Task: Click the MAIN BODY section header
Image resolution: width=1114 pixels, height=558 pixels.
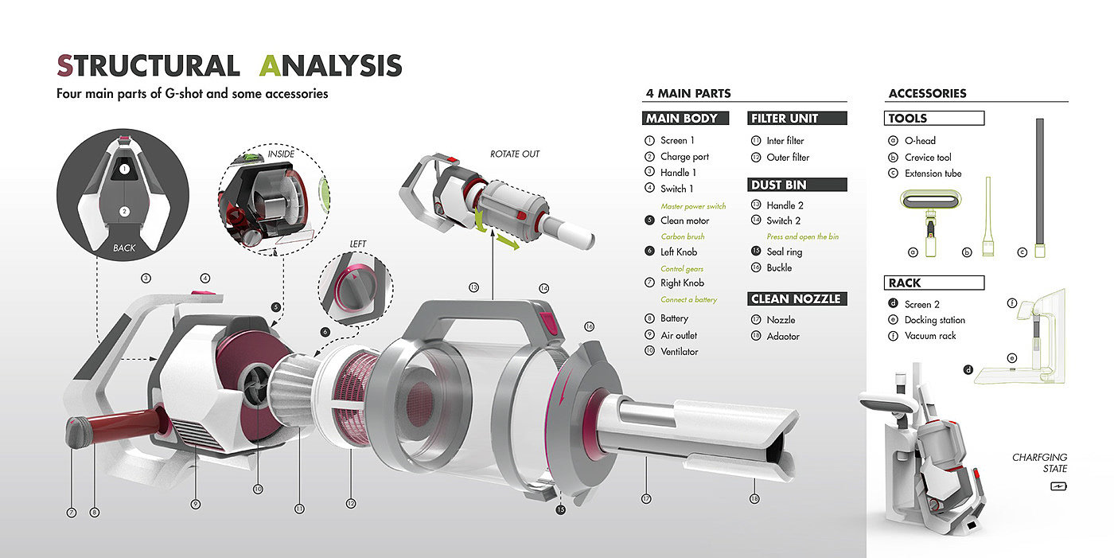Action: pyautogui.click(x=685, y=119)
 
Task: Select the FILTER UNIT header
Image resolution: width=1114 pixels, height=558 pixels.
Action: pyautogui.click(x=797, y=119)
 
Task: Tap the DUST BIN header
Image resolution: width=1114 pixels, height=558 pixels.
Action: pyautogui.click(x=797, y=185)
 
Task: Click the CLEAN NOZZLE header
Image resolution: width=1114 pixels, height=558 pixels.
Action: pyautogui.click(x=797, y=299)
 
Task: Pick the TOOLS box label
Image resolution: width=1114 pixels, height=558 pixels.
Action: pyautogui.click(x=934, y=119)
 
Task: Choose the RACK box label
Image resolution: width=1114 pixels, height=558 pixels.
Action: pyautogui.click(x=934, y=283)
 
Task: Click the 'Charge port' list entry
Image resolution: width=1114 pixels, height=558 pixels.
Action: pyautogui.click(x=684, y=157)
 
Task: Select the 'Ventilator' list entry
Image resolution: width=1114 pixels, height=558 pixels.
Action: pyautogui.click(x=679, y=352)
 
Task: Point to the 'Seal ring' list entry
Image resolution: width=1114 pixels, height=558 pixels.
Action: pyautogui.click(x=785, y=252)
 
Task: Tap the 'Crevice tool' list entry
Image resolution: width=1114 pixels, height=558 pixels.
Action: pyautogui.click(x=928, y=158)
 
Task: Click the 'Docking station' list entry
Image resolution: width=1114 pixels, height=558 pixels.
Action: pyautogui.click(x=934, y=320)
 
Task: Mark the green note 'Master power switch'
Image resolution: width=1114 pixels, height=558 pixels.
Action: pyautogui.click(x=693, y=206)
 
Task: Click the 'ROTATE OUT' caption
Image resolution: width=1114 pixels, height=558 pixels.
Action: pyautogui.click(x=515, y=154)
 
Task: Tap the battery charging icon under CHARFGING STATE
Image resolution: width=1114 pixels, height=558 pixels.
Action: pyautogui.click(x=1058, y=486)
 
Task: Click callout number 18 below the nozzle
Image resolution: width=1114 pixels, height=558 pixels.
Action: pyautogui.click(x=754, y=499)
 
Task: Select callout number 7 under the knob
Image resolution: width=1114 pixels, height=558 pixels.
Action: pyautogui.click(x=72, y=513)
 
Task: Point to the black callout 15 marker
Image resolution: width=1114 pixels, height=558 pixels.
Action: pyautogui.click(x=560, y=509)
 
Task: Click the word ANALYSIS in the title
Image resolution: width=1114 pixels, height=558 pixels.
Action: pyautogui.click(x=331, y=65)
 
